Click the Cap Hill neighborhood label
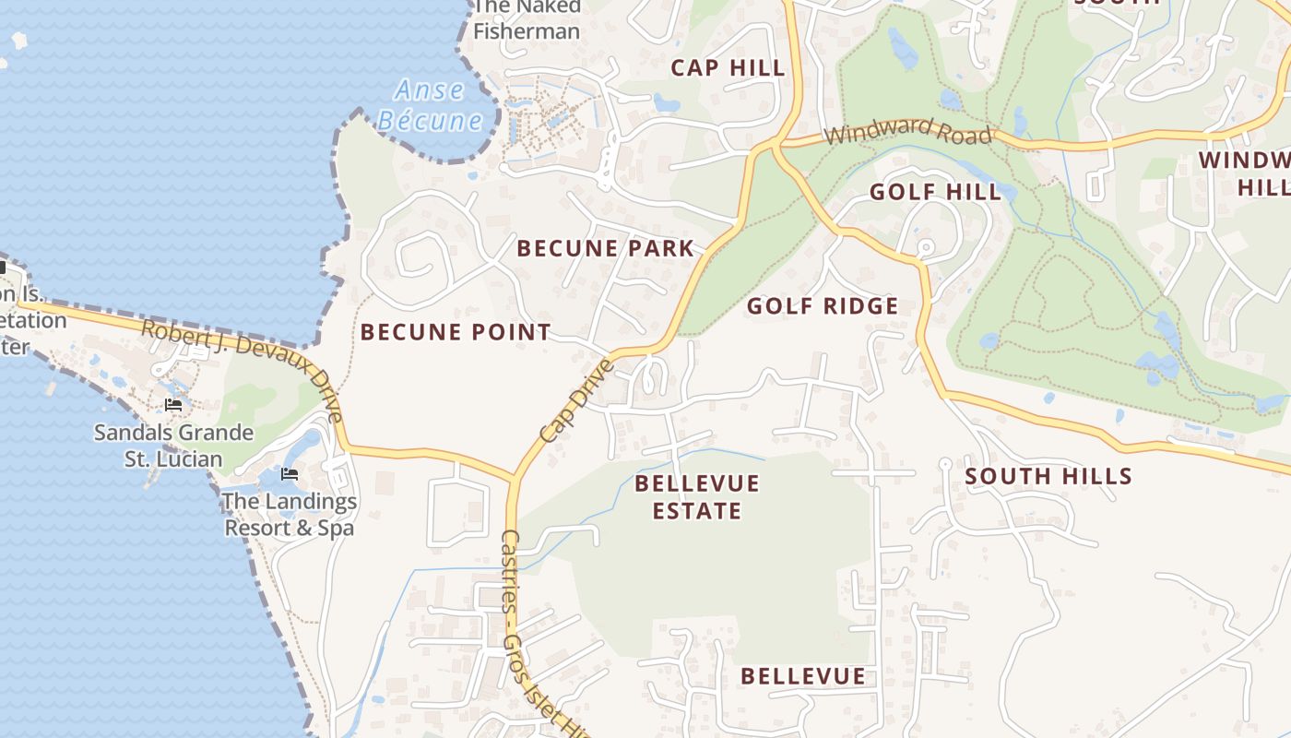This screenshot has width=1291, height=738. tap(728, 67)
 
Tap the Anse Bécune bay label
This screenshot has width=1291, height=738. tap(430, 105)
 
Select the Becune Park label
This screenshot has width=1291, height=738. tap(605, 248)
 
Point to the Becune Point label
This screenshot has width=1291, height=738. tap(456, 332)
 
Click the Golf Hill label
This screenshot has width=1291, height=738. tap(935, 192)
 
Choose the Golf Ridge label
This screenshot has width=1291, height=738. tap(822, 306)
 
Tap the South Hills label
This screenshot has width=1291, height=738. tap(1048, 476)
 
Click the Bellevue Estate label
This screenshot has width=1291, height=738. tap(697, 497)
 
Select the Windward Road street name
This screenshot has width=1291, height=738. tap(908, 131)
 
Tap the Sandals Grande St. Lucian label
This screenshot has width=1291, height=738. tap(173, 446)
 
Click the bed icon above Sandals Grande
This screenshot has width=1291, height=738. tap(172, 405)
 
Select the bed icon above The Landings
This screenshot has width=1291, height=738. tap(290, 475)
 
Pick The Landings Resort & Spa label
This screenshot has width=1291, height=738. tap(290, 515)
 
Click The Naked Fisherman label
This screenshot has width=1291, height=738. tap(527, 20)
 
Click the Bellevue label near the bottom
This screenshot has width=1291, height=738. tap(803, 676)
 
